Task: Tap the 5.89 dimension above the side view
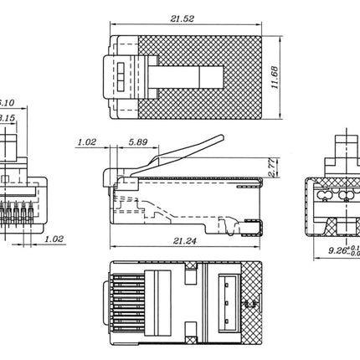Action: point(140,142)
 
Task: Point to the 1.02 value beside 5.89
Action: point(86,142)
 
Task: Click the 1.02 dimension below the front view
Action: point(54,239)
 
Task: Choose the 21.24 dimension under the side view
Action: point(174,241)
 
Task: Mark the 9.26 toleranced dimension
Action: point(335,249)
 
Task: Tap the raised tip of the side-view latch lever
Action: point(219,138)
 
